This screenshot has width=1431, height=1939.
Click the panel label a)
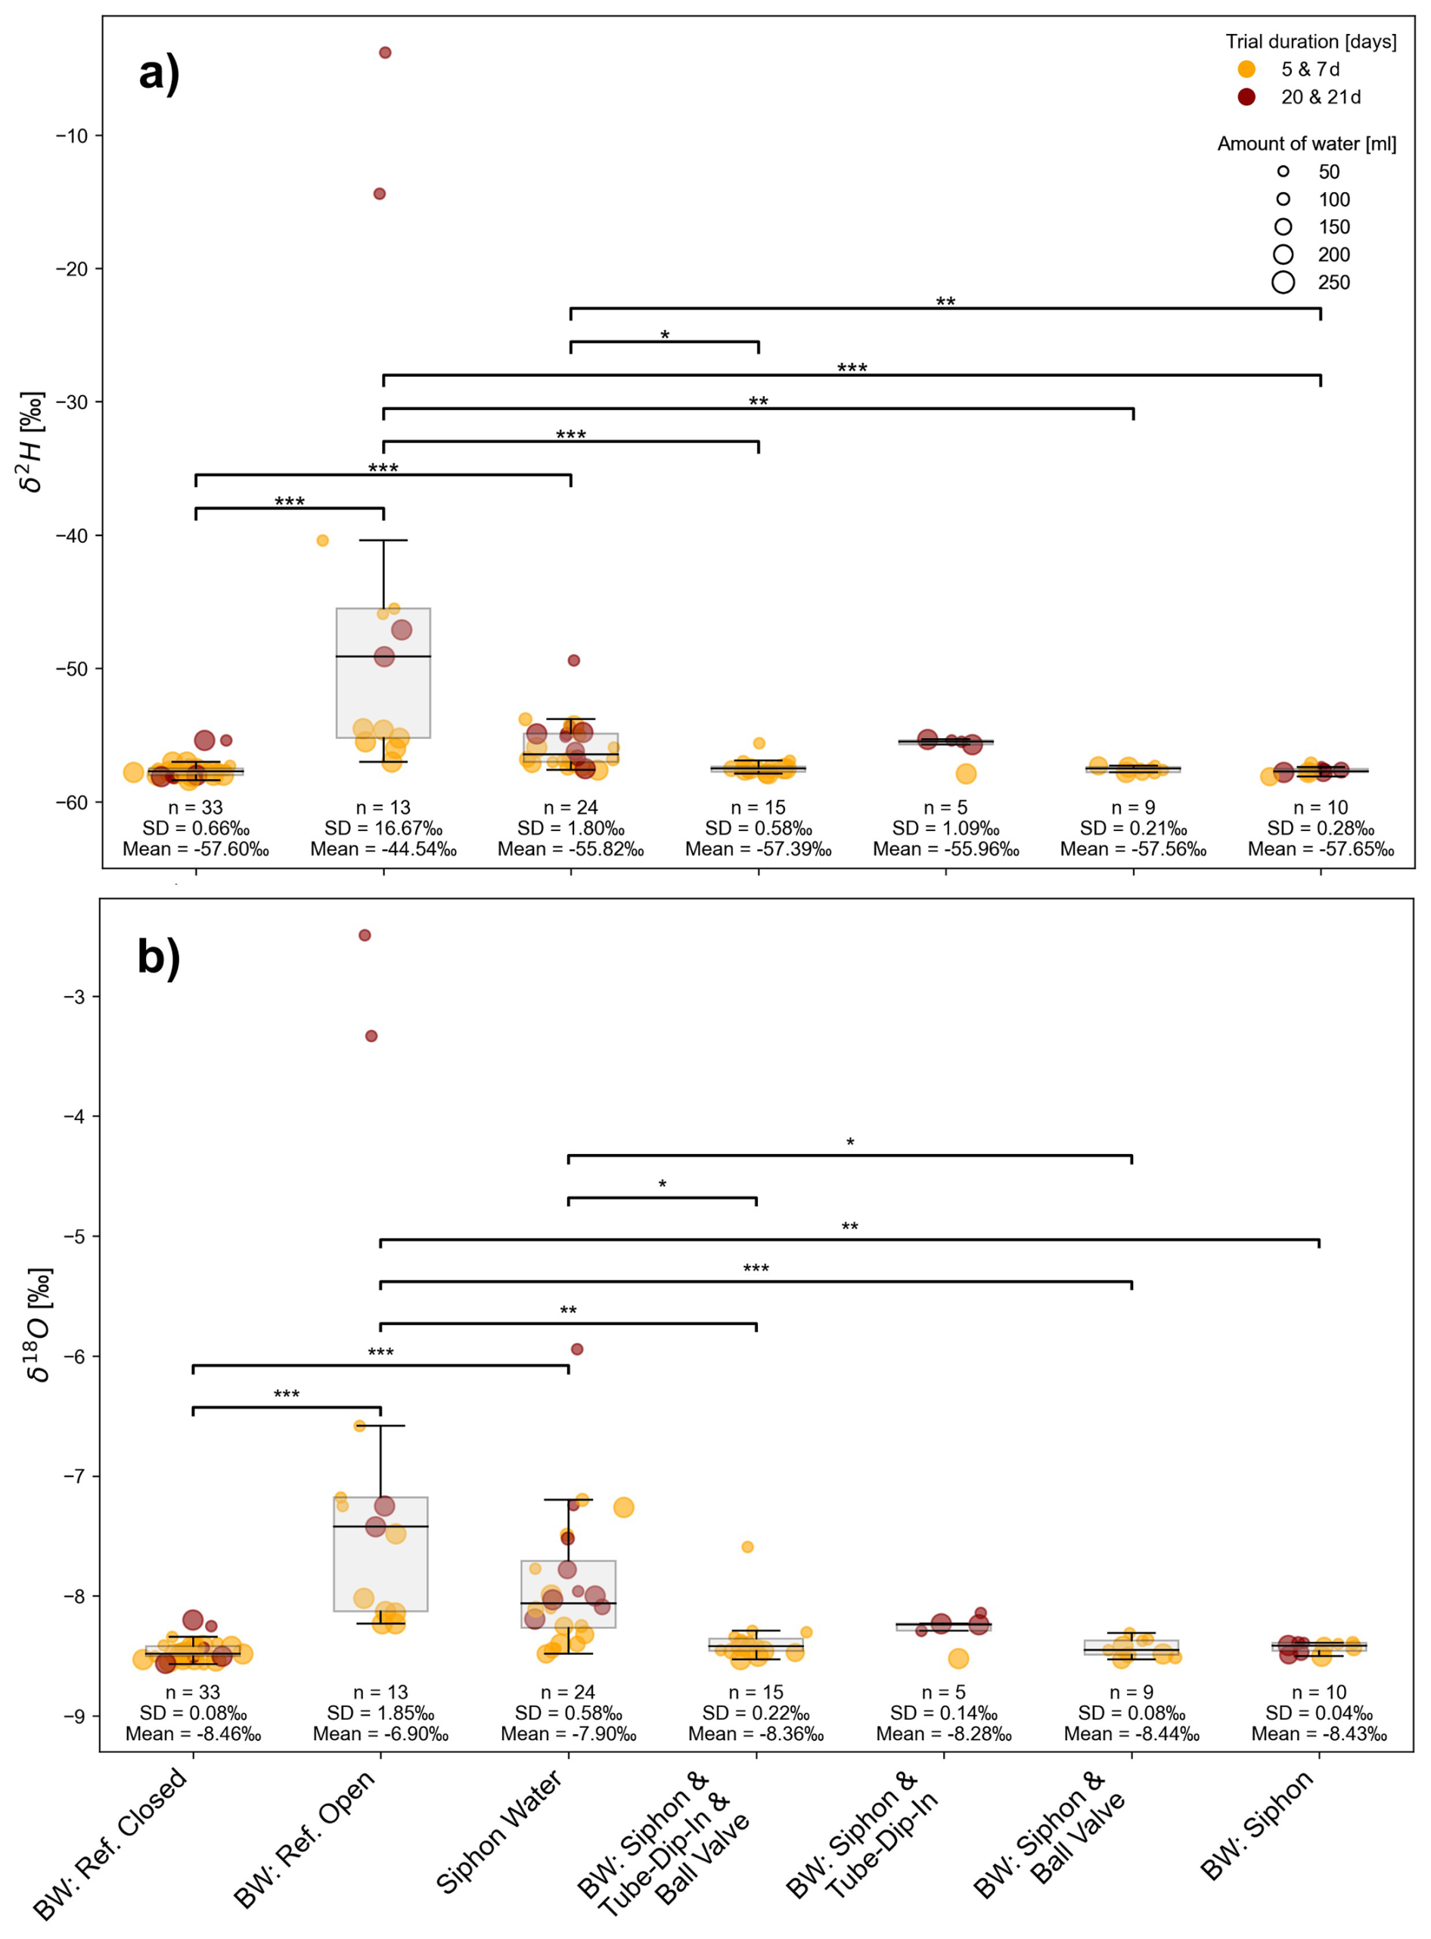(x=160, y=73)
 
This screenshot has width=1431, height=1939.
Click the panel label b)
(x=160, y=958)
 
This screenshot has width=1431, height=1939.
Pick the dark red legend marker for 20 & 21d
(x=1246, y=97)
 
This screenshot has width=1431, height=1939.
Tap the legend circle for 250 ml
(x=1283, y=282)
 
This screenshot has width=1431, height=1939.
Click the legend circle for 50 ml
(x=1283, y=172)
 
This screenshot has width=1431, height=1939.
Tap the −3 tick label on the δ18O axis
(x=74, y=997)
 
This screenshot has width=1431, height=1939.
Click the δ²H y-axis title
(x=31, y=442)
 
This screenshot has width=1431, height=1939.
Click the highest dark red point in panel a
(x=386, y=53)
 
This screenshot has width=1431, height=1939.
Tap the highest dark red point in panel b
(x=365, y=935)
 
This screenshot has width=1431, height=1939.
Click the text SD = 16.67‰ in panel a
(x=383, y=829)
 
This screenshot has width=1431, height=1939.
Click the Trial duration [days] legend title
(x=1310, y=42)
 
